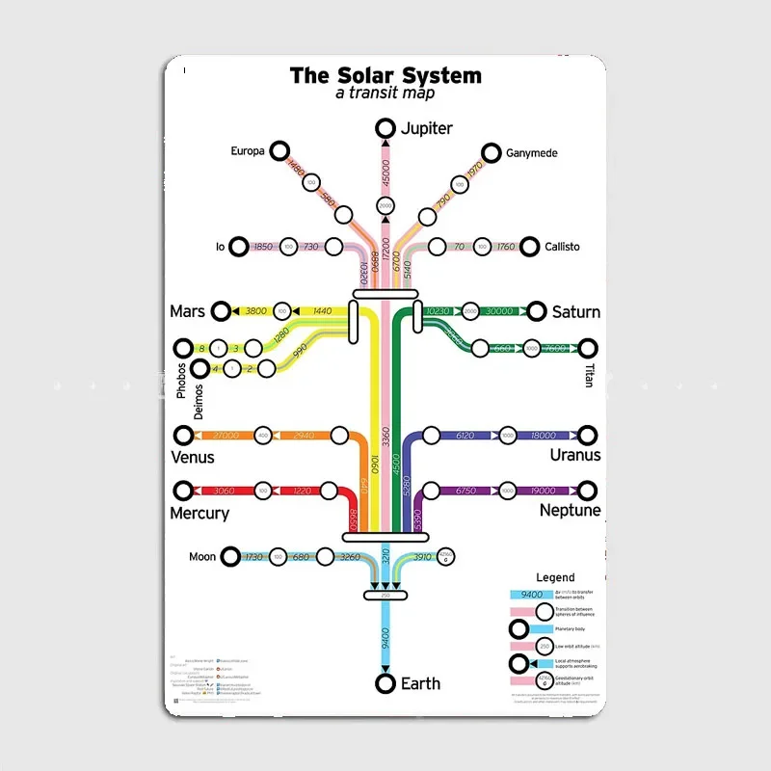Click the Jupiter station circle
385,128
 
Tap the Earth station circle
385,683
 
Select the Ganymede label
532,153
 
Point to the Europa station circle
279,150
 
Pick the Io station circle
239,247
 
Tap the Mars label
187,311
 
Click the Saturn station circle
538,310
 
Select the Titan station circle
588,348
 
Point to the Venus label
192,457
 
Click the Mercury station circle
182,492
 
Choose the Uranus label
575,455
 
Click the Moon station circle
231,556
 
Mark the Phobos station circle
182,348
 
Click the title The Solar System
385,75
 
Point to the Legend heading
555,577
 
